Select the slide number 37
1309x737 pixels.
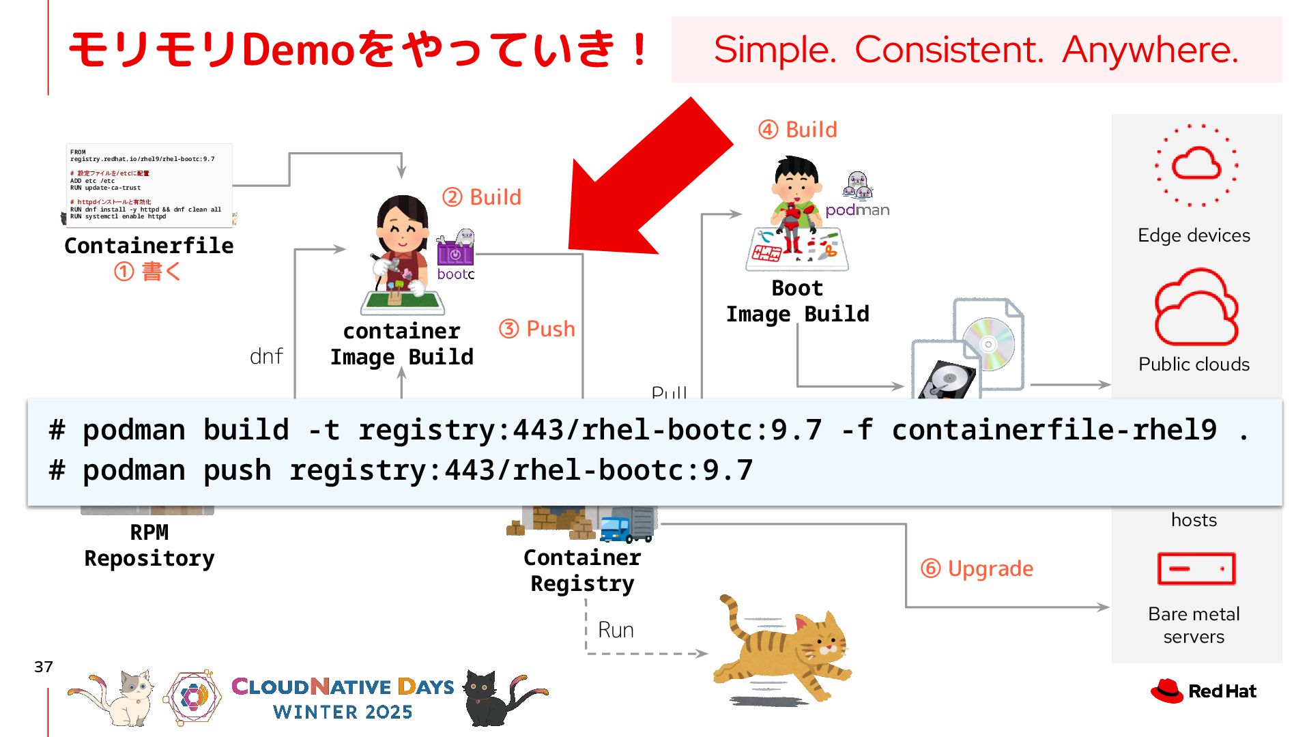(x=44, y=667)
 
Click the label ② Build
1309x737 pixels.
(x=482, y=197)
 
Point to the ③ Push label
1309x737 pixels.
(x=537, y=329)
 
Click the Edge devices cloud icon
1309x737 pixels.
(x=1196, y=164)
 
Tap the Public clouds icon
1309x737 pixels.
(x=1196, y=308)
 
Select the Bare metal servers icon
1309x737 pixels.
(x=1196, y=568)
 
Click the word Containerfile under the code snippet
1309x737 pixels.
(x=149, y=246)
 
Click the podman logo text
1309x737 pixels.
(x=857, y=210)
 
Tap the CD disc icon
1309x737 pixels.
(x=988, y=344)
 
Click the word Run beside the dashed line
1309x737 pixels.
(x=616, y=630)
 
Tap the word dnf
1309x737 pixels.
(x=266, y=356)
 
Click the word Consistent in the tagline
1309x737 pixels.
(x=949, y=50)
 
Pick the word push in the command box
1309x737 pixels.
(x=237, y=470)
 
